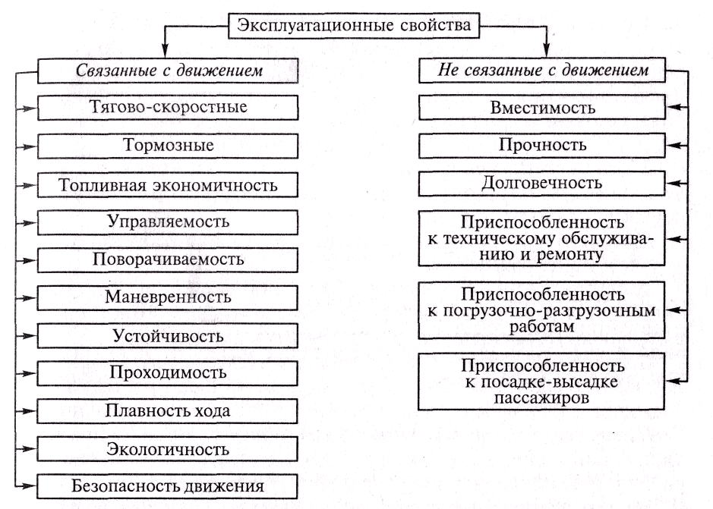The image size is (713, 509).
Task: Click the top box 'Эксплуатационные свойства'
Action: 353,24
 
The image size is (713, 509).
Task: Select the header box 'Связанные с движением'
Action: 169,71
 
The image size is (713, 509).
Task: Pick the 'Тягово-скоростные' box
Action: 169,107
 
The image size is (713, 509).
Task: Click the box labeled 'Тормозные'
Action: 169,144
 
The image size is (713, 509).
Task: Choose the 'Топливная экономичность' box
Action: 169,184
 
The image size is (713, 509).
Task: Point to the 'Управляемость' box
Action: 169,222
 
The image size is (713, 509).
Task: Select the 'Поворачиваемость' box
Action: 169,259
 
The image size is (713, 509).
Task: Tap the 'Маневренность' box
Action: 169,296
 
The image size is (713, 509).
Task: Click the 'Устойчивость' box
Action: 169,334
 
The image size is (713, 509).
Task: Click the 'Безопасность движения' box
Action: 169,485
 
